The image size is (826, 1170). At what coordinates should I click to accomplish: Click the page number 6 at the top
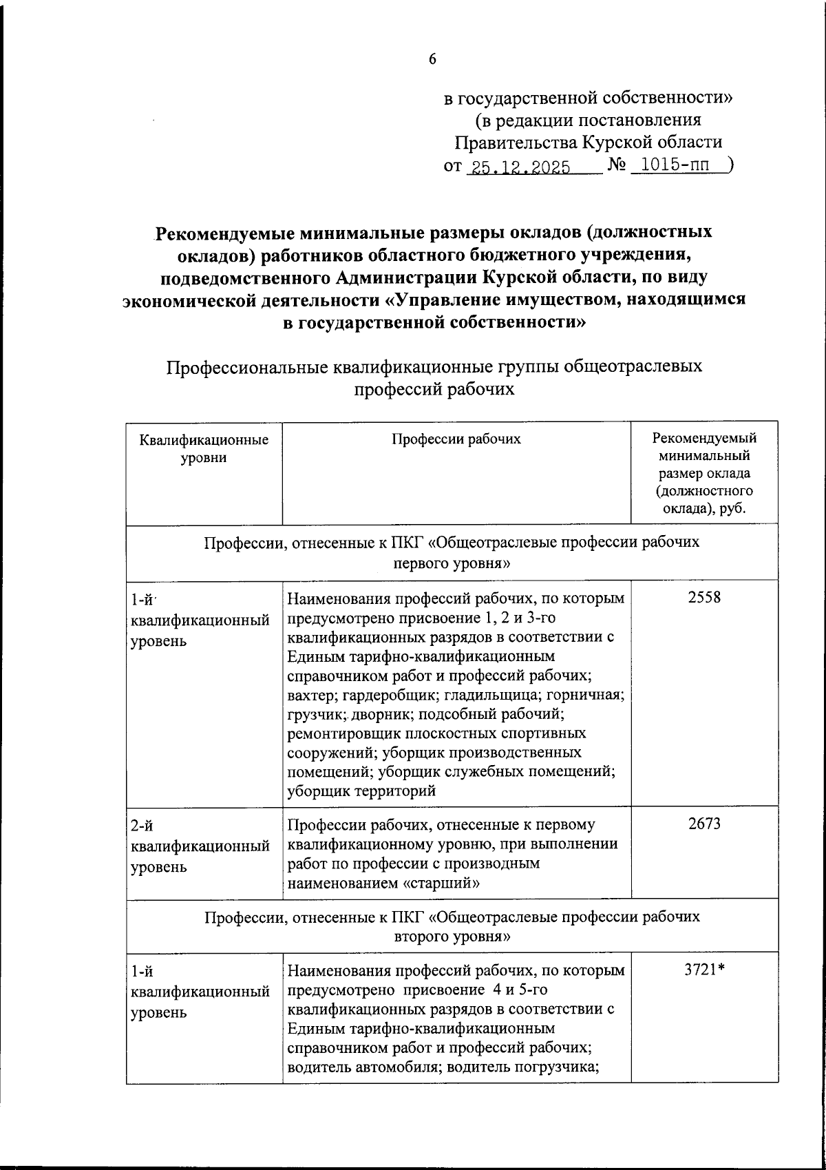tap(432, 60)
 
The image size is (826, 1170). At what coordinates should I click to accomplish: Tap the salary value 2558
tap(703, 597)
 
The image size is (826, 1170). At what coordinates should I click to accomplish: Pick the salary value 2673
tap(703, 823)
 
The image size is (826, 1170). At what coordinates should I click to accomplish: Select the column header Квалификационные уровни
tap(204, 448)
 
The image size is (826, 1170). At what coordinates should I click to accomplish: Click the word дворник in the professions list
tap(381, 715)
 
